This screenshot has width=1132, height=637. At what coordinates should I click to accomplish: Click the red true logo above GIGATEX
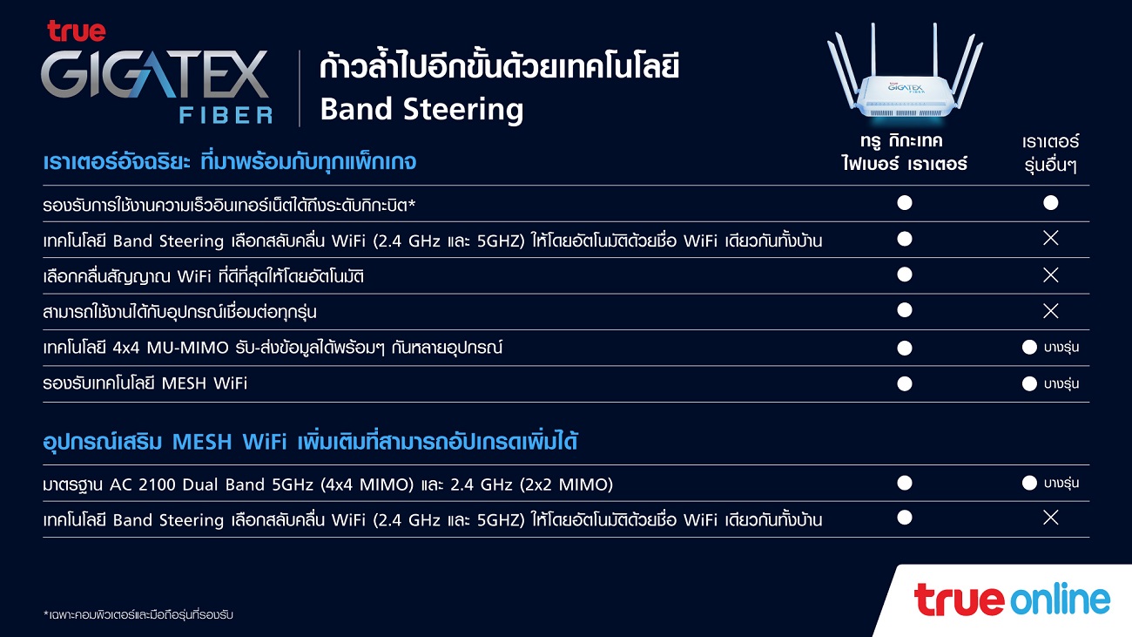tap(77, 31)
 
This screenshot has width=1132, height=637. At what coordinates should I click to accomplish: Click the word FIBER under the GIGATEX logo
tap(226, 116)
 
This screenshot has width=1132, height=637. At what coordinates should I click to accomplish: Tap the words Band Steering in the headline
tap(421, 110)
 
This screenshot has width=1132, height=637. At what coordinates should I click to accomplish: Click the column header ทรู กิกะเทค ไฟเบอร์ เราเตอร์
tap(904, 152)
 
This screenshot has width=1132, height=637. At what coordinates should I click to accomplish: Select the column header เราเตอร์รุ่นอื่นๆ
tap(1050, 153)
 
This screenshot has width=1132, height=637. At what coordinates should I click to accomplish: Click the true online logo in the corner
tap(1012, 600)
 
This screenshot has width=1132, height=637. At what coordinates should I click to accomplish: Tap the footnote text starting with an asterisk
tap(138, 614)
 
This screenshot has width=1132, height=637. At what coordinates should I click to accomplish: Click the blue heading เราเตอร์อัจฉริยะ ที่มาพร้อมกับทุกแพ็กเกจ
tap(229, 162)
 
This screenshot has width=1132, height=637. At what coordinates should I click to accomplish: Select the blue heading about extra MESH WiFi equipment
tap(310, 442)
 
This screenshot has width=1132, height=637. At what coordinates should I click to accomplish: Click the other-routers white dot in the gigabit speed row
tap(1051, 203)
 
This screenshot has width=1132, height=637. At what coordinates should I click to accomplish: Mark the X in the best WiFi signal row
tap(1051, 275)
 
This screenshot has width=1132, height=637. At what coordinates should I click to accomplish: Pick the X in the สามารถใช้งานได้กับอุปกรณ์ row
tap(1051, 311)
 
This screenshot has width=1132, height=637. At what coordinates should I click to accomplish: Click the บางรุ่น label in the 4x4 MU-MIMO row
tap(1061, 348)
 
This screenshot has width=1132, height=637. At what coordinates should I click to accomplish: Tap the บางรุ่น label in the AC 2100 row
tap(1061, 484)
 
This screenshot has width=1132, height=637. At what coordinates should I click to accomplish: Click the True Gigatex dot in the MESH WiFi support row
tap(905, 383)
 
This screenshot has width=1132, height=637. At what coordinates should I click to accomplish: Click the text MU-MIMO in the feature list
tap(187, 349)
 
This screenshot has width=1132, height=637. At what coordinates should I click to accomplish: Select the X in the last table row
tap(1051, 518)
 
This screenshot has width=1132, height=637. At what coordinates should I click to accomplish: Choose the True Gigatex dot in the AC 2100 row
tap(905, 483)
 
